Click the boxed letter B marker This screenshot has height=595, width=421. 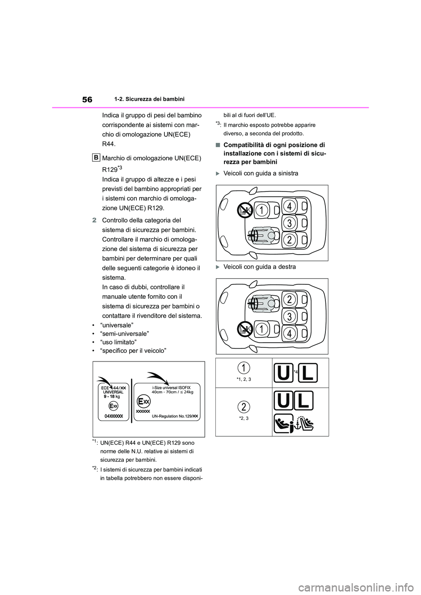[97, 157]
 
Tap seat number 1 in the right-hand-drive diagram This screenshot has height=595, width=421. [262, 328]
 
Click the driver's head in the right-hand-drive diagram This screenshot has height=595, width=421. [271, 302]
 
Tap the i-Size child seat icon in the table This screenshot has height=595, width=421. [283, 423]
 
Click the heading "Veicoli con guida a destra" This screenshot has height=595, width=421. [259, 267]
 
